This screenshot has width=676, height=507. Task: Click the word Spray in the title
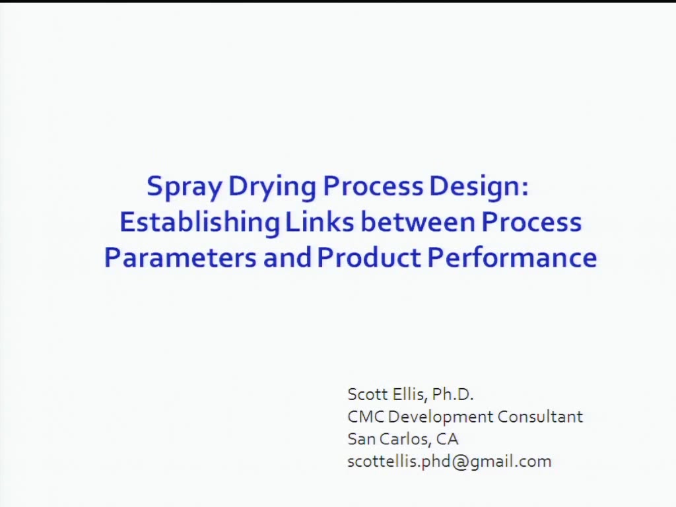tap(184, 187)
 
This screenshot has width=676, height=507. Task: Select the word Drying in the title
tap(272, 187)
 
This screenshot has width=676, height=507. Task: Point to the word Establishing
tap(199, 222)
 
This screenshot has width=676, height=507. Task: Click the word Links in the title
tap(320, 222)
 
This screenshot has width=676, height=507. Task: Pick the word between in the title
tap(418, 222)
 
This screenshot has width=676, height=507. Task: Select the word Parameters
tap(180, 257)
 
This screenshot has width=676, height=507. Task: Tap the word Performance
tap(512, 257)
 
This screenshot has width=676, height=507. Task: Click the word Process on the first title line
tap(373, 186)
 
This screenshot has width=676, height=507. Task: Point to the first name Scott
tap(366, 395)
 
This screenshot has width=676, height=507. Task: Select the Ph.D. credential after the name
tap(453, 395)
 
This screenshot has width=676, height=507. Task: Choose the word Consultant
tap(540, 417)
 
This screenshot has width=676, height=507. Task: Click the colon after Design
tap(525, 188)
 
